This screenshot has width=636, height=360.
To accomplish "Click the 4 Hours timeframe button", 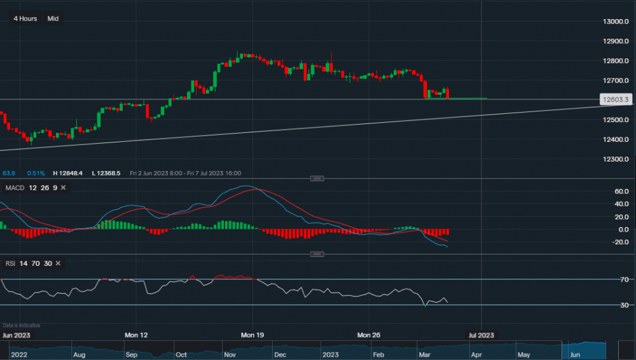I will (x=25, y=18).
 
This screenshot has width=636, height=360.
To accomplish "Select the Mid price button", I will (x=53, y=18).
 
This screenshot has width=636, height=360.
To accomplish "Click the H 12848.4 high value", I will (x=69, y=173).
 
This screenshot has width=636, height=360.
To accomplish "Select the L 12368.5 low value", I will (x=106, y=173).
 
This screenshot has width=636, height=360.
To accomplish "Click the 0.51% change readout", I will (x=36, y=173).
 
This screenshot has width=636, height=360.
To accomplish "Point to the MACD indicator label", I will (x=15, y=188).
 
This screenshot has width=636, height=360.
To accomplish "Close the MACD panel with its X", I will (x=64, y=188).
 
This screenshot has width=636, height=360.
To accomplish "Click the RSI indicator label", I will (x=11, y=263).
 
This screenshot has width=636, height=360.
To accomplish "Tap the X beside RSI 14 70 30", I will (x=58, y=263).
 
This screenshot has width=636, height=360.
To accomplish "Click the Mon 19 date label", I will (x=252, y=335).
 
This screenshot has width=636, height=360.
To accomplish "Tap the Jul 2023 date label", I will (x=481, y=335).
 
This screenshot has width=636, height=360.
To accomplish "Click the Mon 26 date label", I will (x=368, y=335).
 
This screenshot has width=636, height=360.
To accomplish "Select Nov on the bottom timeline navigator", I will (x=230, y=354).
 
